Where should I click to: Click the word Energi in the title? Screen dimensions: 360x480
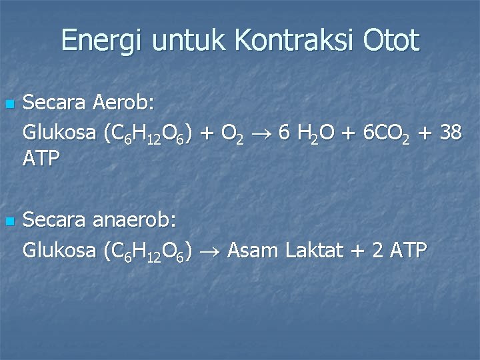click(102, 41)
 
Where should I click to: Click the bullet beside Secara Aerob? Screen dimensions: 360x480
click(9, 105)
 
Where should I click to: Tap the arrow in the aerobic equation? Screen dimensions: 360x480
click(263, 133)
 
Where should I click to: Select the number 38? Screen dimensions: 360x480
click(450, 132)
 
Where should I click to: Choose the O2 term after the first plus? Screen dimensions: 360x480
click(233, 133)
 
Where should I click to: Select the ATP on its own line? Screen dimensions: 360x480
click(41, 160)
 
